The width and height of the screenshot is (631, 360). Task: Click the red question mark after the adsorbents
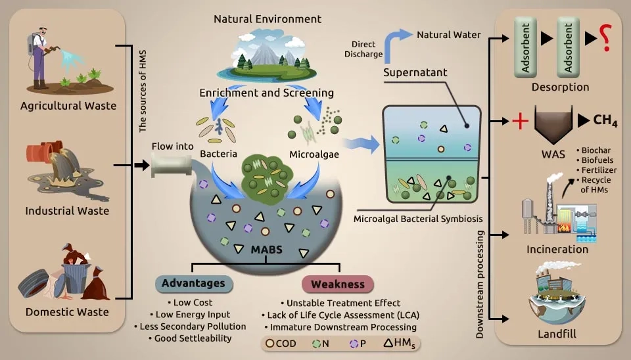point(606,37)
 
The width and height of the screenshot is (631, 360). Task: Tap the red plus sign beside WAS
point(520,121)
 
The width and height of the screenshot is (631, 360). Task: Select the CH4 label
point(605,120)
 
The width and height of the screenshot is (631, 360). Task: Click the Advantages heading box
point(194,284)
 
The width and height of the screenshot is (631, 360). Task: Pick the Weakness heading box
point(338,284)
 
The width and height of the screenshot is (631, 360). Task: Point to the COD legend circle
point(270,343)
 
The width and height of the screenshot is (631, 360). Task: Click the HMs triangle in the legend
point(388,343)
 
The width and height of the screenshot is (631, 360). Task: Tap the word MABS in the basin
point(266,250)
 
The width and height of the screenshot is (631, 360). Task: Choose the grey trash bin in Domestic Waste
point(76,277)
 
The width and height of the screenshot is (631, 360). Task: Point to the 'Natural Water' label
point(449,35)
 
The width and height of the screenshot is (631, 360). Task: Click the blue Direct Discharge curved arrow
point(390,43)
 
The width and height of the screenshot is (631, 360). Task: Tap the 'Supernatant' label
point(415,72)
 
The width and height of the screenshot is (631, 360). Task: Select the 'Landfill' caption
point(557,334)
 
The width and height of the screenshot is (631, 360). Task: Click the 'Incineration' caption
point(557,250)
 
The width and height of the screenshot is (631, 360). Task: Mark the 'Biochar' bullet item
point(594,150)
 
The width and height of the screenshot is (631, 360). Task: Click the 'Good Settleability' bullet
point(190,338)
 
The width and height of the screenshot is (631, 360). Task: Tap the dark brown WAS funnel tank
point(553,124)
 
